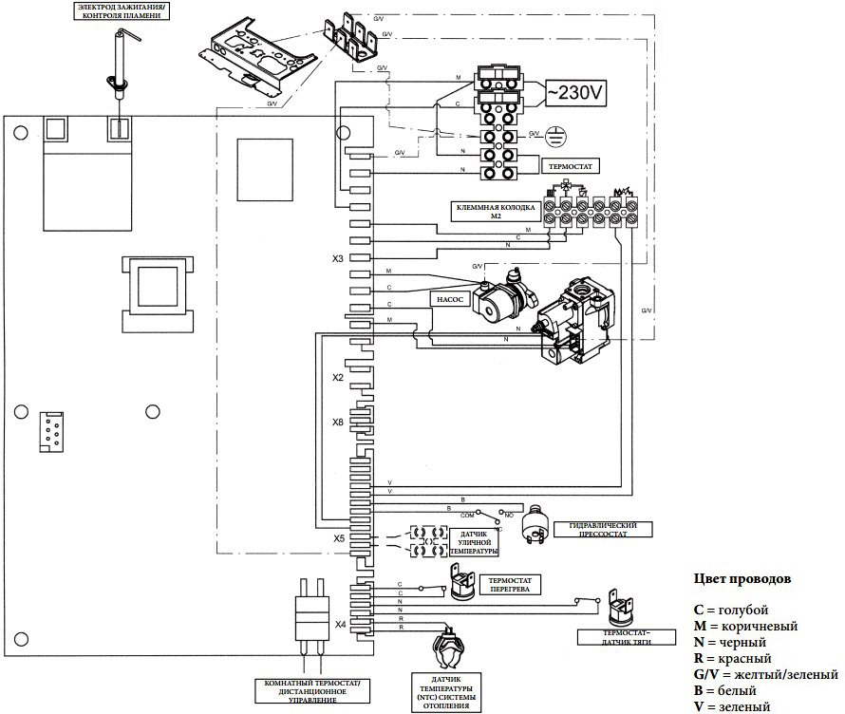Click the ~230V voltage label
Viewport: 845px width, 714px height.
point(573,93)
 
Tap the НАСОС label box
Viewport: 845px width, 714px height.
point(448,297)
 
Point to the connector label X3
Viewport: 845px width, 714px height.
point(337,258)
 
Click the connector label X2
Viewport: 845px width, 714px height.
point(337,378)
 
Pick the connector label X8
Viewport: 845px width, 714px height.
point(337,423)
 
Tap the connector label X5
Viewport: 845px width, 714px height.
point(337,538)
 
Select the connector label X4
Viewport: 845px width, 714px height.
point(339,625)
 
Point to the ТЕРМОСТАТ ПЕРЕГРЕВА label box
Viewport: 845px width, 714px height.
point(509,584)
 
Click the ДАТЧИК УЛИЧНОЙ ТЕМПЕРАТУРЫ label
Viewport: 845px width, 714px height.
point(472,543)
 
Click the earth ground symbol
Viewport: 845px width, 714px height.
point(560,136)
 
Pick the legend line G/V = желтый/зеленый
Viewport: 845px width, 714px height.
point(765,675)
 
